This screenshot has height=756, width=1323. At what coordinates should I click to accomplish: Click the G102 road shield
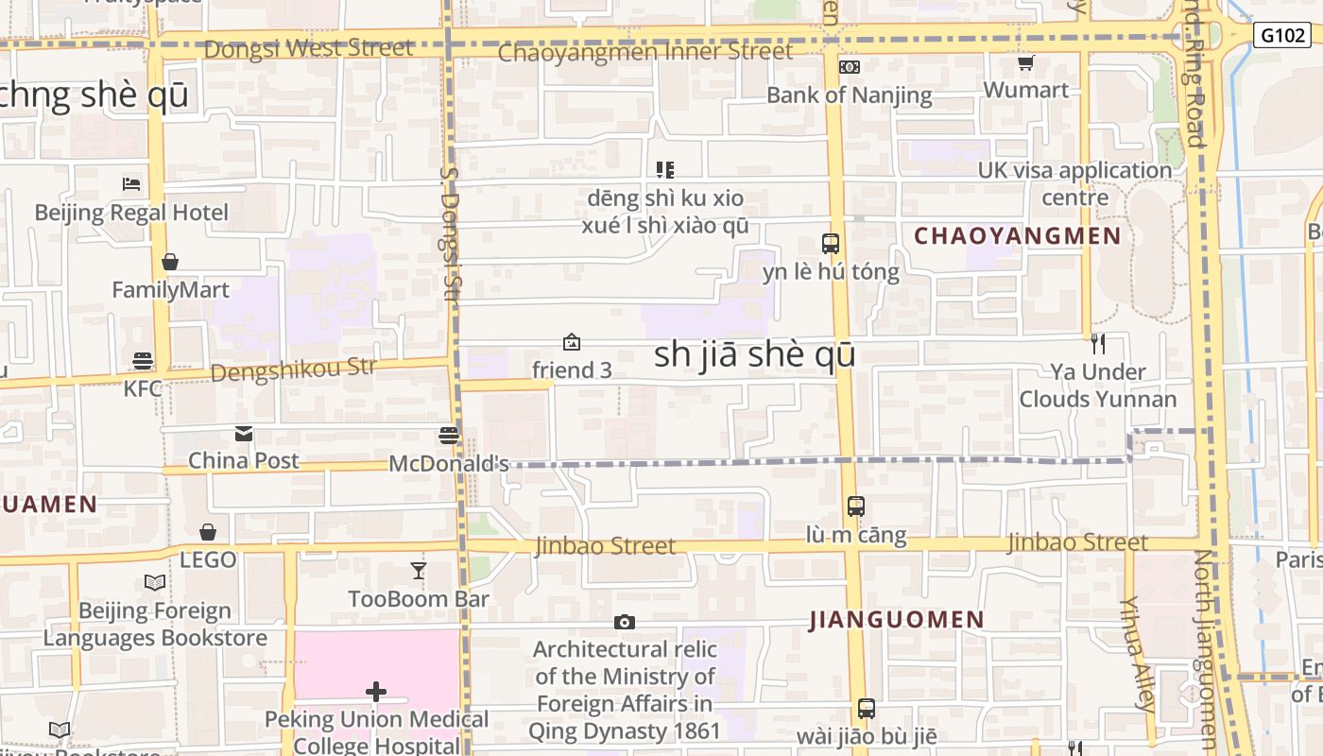(1282, 36)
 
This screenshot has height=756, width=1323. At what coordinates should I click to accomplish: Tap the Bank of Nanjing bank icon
(850, 66)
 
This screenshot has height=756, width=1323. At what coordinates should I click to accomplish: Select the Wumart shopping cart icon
(1025, 62)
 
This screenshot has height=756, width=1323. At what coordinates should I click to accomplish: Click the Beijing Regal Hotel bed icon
(131, 183)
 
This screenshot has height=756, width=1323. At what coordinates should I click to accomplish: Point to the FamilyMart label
(170, 289)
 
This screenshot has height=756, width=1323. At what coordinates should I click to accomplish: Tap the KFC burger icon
(143, 360)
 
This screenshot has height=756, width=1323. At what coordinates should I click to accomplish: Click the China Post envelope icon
(244, 434)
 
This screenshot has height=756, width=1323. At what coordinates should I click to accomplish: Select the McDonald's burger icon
(449, 436)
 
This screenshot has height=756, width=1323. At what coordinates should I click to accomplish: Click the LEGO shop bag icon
(208, 533)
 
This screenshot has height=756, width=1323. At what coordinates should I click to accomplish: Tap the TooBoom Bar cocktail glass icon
(419, 570)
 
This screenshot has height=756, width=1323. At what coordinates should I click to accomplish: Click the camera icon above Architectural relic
(624, 622)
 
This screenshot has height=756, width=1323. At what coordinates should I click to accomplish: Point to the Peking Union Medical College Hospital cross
(376, 692)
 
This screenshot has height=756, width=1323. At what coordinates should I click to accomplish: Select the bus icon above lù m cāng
(855, 507)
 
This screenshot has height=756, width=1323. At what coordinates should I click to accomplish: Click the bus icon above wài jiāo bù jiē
(866, 708)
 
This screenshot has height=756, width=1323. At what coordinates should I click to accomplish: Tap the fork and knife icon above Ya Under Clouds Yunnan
(1097, 344)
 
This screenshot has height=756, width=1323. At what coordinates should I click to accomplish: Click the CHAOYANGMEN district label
(1017, 236)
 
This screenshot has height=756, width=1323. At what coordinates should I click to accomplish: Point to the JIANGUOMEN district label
(897, 620)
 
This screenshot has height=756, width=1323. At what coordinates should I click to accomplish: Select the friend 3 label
(572, 370)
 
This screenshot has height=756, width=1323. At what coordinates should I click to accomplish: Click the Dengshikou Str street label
(293, 369)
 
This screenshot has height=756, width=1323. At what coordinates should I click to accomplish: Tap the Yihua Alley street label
(1138, 652)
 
